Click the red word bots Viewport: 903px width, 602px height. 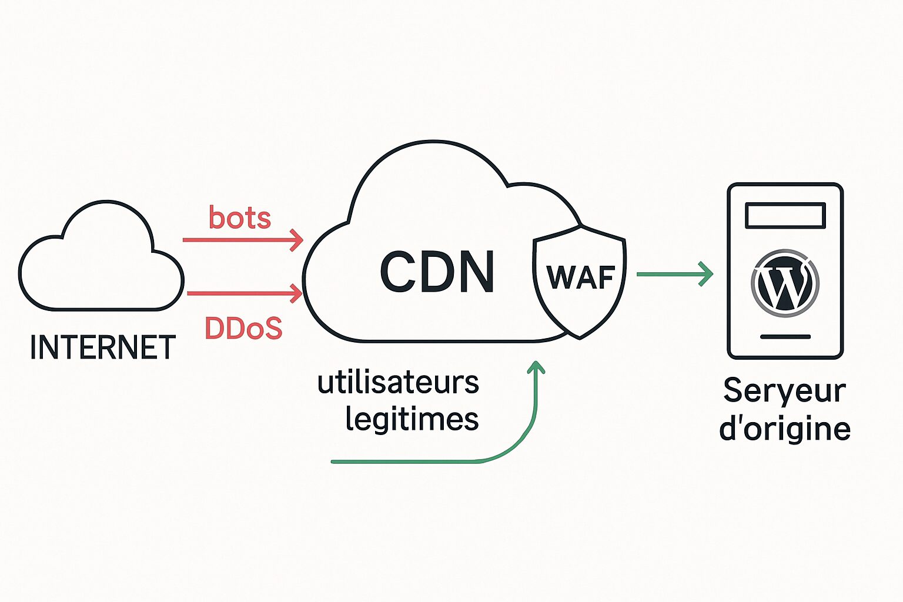pyautogui.click(x=240, y=218)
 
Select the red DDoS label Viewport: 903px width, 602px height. pyautogui.click(x=243, y=329)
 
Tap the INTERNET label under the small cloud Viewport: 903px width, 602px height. pyautogui.click(x=103, y=347)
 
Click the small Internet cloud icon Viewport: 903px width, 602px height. pyautogui.click(x=101, y=259)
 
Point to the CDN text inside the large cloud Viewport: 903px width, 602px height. pyautogui.click(x=437, y=272)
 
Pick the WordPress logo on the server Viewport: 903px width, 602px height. pyautogui.click(x=785, y=283)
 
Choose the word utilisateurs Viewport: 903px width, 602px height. pyautogui.click(x=398, y=383)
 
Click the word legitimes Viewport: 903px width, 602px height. pyautogui.click(x=412, y=419)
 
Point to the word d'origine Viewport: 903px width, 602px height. pyautogui.click(x=785, y=429)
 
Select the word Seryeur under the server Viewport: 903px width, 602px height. pyautogui.click(x=785, y=390)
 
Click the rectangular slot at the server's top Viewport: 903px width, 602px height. pyautogui.click(x=785, y=216)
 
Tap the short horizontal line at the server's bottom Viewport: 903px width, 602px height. pyautogui.click(x=785, y=337)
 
